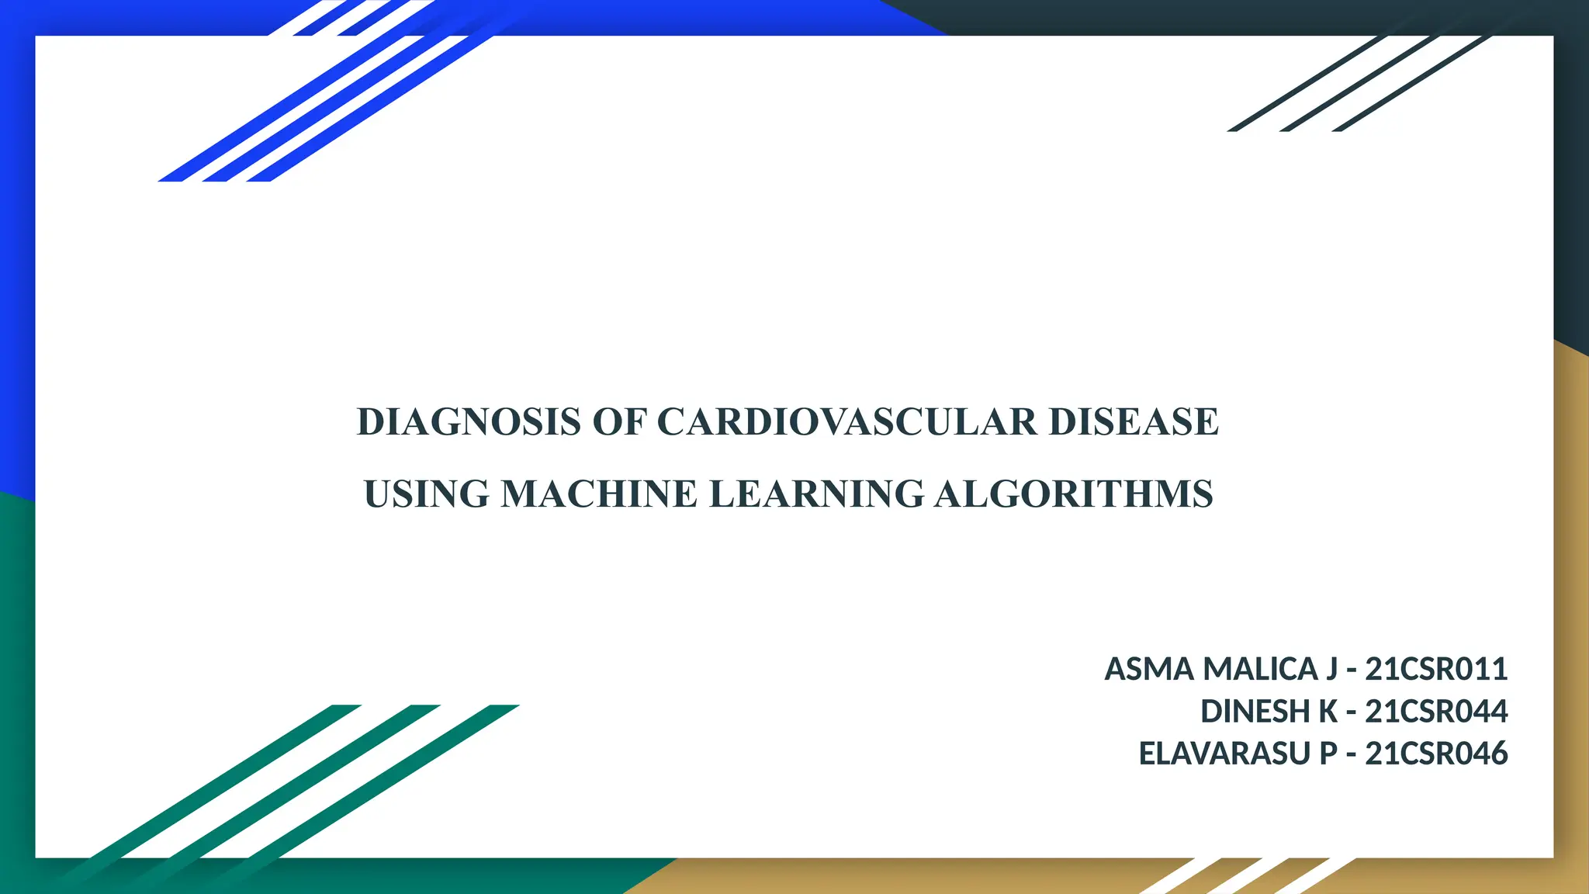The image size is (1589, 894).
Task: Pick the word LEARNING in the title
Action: pos(816,494)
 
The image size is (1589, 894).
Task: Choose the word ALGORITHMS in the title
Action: pos(1073,494)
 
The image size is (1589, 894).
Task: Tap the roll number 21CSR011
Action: pos(1436,669)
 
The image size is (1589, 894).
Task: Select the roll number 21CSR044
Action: pos(1436,712)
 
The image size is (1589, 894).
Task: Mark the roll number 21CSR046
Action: pos(1436,754)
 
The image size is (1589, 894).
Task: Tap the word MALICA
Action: pos(1260,669)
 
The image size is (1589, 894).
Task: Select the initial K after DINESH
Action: pos(1328,712)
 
